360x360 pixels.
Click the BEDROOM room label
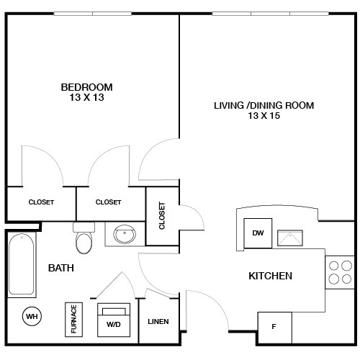tap(86, 87)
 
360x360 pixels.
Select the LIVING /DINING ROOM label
tap(264, 106)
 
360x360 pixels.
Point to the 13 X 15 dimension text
tap(264, 117)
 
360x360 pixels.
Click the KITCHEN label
tap(270, 276)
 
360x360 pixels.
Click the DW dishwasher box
tap(257, 233)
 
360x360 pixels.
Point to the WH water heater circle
tap(32, 315)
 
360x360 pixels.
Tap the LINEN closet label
tap(158, 321)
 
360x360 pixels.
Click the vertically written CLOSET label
tap(161, 215)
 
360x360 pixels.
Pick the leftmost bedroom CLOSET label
tap(40, 202)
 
